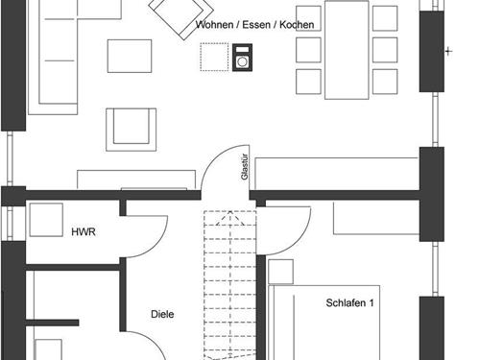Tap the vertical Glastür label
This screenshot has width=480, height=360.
[x=245, y=165]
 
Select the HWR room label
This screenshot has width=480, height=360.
[x=84, y=232]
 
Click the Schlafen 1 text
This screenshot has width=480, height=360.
[x=349, y=303]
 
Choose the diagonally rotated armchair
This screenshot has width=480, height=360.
[x=172, y=13]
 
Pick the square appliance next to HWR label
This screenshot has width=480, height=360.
[x=45, y=219]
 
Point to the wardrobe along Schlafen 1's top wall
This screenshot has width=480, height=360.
[x=374, y=218]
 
